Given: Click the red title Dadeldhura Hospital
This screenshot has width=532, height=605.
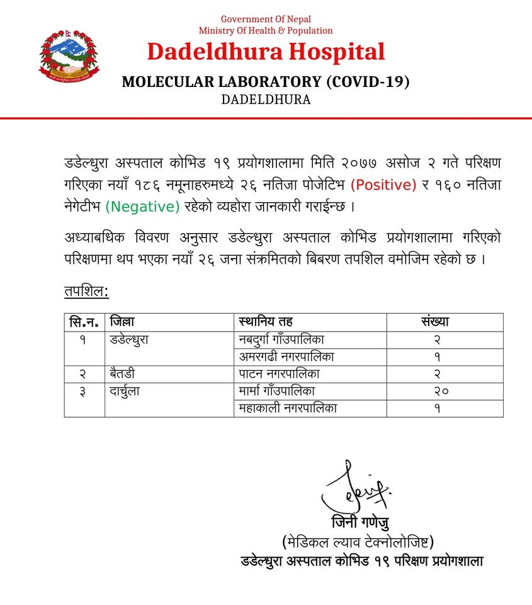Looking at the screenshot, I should [x=266, y=52].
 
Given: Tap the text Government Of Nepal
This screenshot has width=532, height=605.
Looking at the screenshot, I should [x=266, y=20].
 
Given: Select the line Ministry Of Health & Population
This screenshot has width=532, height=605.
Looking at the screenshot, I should [x=266, y=30].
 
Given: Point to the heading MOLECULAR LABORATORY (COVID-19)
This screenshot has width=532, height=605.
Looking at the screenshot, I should [x=266, y=81].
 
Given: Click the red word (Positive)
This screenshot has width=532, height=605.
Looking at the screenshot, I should [x=384, y=185].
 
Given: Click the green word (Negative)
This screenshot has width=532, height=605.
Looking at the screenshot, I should [x=142, y=206].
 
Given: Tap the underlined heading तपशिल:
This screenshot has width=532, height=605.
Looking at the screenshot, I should [x=87, y=292].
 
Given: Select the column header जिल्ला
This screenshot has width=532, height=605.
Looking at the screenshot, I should [x=122, y=322].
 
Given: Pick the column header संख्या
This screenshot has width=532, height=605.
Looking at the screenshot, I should [x=435, y=322].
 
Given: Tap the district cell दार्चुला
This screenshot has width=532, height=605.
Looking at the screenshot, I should [x=125, y=391].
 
